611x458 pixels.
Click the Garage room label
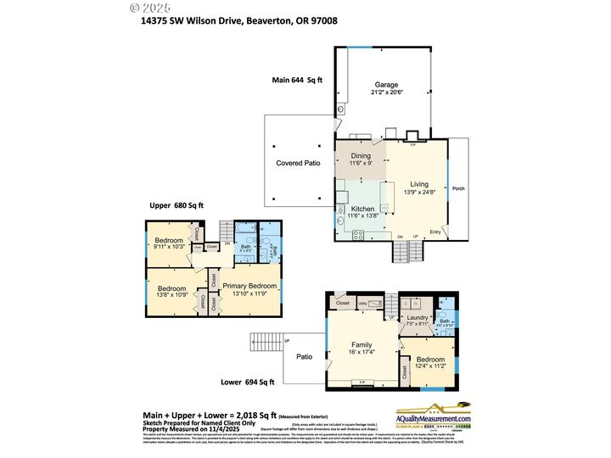pos(386,85)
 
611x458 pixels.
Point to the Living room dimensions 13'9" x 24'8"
pos(419,193)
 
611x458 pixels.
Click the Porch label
pos(458,188)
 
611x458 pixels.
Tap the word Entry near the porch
pos(435,232)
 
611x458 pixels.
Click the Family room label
pos(362,345)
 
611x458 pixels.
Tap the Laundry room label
pos(418,317)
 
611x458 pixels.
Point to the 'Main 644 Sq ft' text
pos(297,79)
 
